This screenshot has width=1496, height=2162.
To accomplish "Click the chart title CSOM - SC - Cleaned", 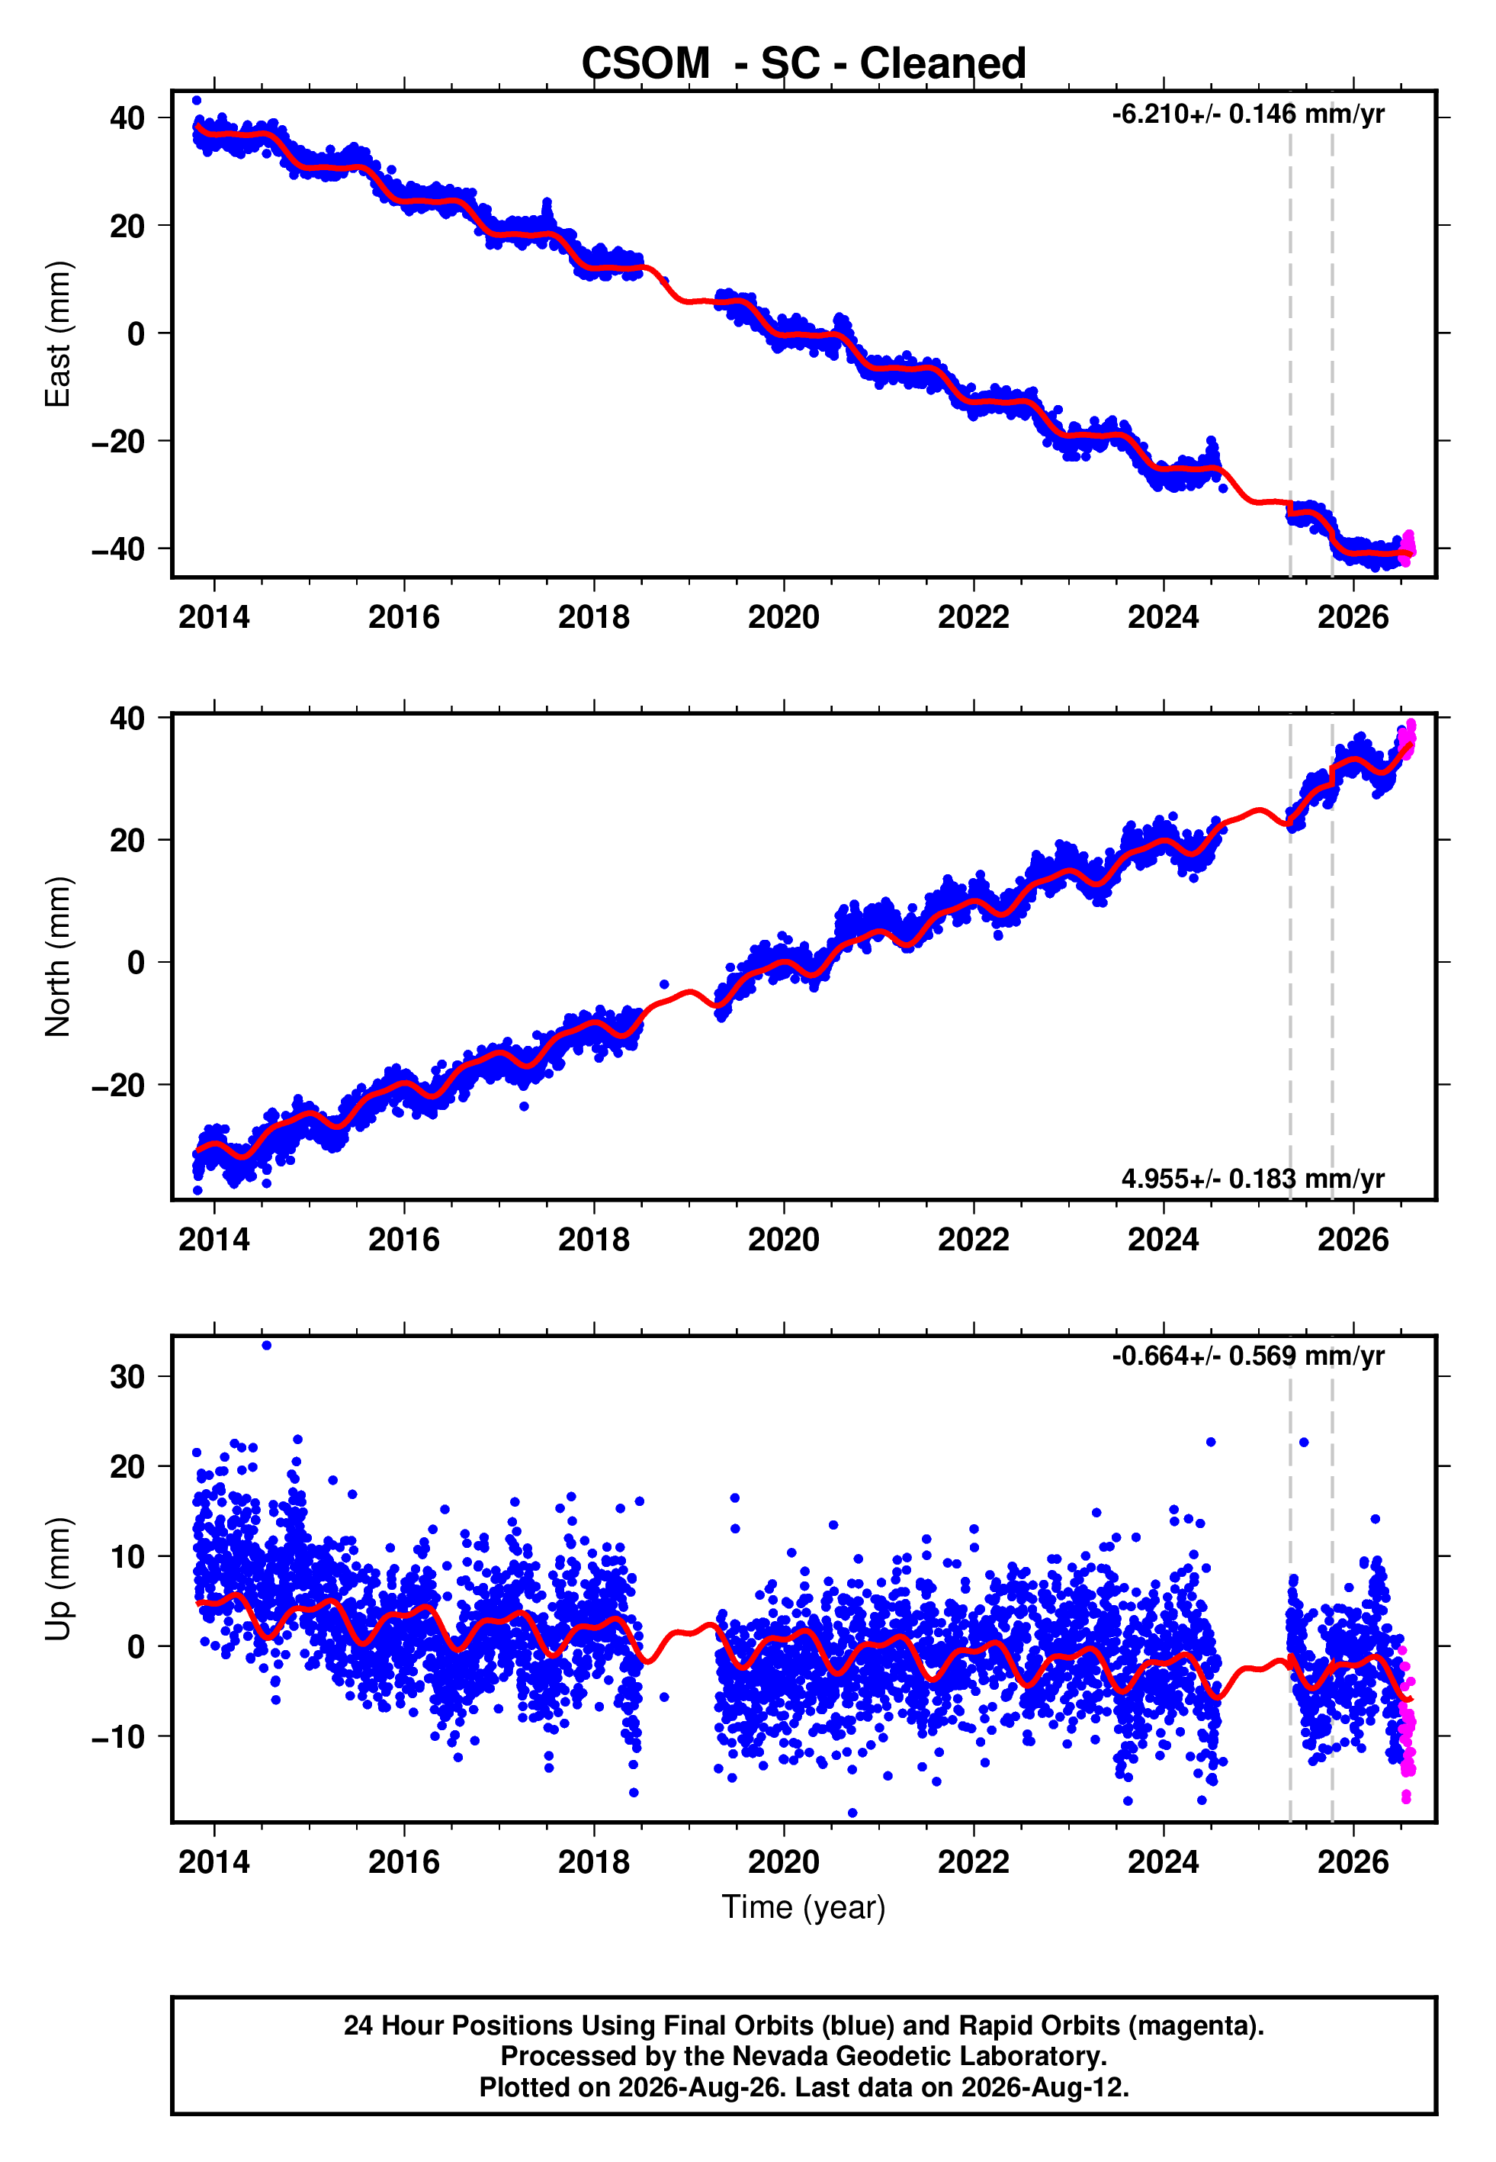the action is [804, 64].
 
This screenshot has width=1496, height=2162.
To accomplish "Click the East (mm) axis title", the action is [57, 334].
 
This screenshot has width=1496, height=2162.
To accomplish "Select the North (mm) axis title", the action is [57, 957].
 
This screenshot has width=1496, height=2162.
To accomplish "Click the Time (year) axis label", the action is [804, 1908].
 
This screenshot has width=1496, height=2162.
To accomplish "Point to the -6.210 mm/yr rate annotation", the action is [1247, 114].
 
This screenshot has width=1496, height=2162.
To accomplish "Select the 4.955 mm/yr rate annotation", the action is [1252, 1179].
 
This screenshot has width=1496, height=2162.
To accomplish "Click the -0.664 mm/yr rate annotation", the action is [1247, 1356].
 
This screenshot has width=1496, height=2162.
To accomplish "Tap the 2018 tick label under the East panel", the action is [593, 617].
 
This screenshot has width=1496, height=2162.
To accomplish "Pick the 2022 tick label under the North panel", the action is [973, 1240].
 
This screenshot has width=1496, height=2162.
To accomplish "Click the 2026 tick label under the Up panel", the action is [1353, 1862].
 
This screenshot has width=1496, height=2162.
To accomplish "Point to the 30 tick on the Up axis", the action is [127, 1377].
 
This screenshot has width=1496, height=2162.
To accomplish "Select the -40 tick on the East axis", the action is [118, 549].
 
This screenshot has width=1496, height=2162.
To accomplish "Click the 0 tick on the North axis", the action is [136, 963].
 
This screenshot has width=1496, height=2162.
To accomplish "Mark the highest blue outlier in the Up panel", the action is [266, 1346].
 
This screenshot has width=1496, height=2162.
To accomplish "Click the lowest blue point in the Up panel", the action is [852, 1813].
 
